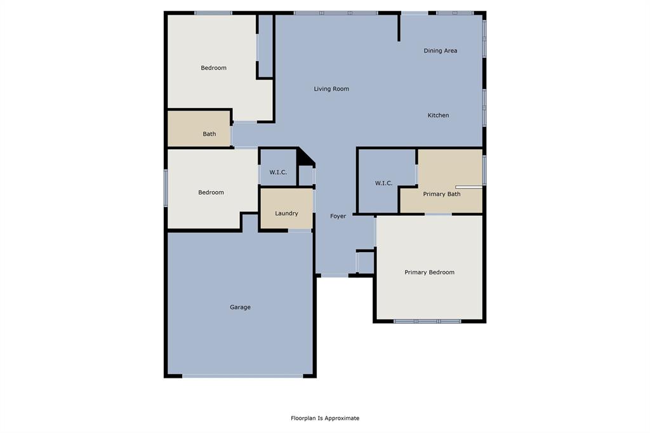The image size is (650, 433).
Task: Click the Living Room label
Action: [x=331, y=89]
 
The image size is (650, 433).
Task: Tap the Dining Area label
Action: [x=441, y=51]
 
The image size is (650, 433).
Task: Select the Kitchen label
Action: [x=438, y=116]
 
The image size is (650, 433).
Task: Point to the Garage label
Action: [x=240, y=307]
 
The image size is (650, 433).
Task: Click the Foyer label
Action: [x=338, y=216]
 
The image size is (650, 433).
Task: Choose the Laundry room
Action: [x=286, y=209]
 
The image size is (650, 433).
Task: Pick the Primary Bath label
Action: [x=442, y=194]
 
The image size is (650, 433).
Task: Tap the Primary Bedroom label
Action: [x=430, y=272]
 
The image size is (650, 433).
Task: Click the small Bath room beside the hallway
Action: [x=199, y=129]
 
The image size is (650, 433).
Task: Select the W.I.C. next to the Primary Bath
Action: [x=384, y=183]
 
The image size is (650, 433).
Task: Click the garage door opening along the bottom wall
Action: [x=242, y=376]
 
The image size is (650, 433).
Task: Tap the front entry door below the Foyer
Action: [x=334, y=276]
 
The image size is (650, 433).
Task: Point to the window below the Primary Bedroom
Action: [x=427, y=321]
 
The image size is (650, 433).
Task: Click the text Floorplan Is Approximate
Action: [x=325, y=418]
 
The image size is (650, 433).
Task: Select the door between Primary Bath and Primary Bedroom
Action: [x=438, y=215]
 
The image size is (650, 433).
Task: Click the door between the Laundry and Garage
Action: [x=300, y=230]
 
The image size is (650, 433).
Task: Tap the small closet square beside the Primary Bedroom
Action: [x=365, y=262]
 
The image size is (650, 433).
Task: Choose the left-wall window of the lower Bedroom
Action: [x=166, y=187]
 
